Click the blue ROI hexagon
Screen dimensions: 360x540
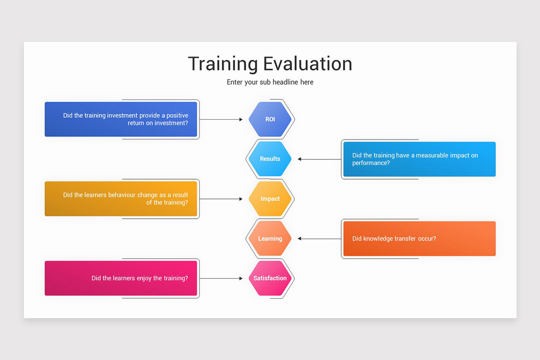tap(270, 119)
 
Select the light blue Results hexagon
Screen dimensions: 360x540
tap(270, 159)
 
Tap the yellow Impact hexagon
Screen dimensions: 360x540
tap(270, 199)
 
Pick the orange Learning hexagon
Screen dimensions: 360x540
tap(270, 238)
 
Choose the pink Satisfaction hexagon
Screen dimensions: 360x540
tap(270, 278)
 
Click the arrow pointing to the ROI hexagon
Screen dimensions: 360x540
tap(221, 120)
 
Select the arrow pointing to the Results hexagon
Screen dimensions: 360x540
tap(319, 159)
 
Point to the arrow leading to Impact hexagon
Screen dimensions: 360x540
tap(221, 199)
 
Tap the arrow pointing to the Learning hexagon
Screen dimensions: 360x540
tap(319, 239)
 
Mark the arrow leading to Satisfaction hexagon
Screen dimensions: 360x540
tap(221, 279)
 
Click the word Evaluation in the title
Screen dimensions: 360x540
tap(308, 63)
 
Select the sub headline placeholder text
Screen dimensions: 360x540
tap(270, 82)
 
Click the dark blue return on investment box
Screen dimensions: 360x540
tap(121, 119)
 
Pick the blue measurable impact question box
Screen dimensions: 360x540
tap(419, 159)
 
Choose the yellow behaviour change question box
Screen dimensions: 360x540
tap(121, 199)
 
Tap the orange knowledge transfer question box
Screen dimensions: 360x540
tap(419, 238)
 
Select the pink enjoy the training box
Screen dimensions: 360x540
tap(121, 278)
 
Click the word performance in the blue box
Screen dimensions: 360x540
tap(371, 163)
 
